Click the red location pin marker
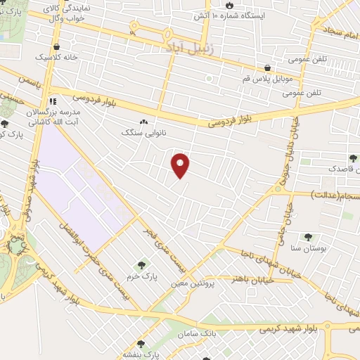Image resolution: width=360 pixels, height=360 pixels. [181, 165]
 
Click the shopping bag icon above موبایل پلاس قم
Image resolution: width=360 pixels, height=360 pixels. [268, 68]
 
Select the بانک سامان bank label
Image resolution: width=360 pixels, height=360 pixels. [198, 332]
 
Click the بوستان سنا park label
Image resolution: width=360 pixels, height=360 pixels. [307, 247]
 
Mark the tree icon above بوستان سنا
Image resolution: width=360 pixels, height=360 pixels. [307, 237]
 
